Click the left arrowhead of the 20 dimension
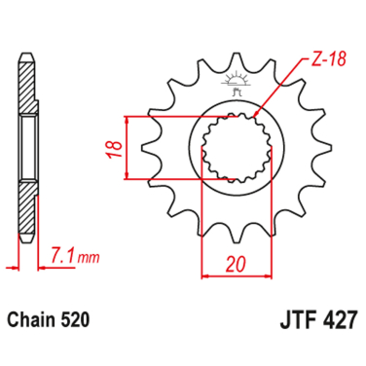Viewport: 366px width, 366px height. click(x=205, y=275)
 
